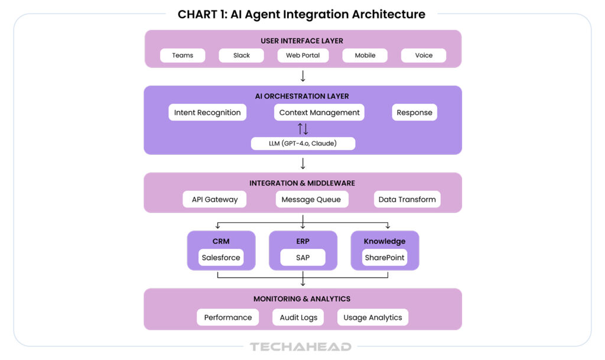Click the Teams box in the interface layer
click(183, 56)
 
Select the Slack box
click(241, 56)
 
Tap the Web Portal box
click(302, 56)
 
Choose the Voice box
click(423, 56)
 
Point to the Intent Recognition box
click(207, 112)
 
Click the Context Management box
click(319, 112)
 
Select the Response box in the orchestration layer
click(414, 112)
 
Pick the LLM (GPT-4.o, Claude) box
click(303, 143)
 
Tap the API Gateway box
click(214, 199)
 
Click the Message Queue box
click(311, 199)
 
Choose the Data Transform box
click(407, 199)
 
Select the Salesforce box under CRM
click(221, 258)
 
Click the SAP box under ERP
click(302, 258)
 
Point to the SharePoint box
click(385, 258)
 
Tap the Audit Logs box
click(298, 317)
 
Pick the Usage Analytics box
click(372, 317)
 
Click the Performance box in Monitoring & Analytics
click(228, 317)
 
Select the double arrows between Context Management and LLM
click(302, 129)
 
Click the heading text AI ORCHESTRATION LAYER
click(302, 96)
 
